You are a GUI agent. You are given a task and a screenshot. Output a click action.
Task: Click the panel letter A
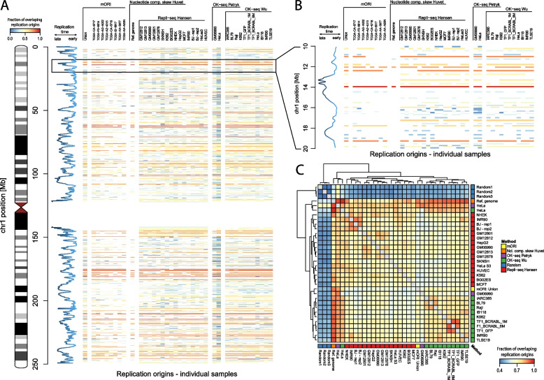click(5, 6)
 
